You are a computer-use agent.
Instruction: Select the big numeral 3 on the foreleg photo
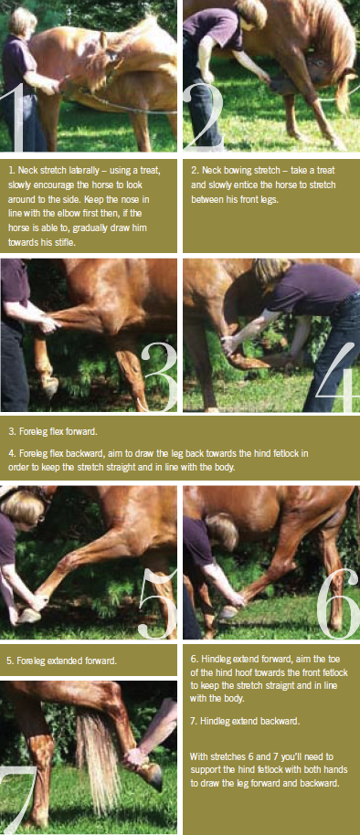click(x=160, y=377)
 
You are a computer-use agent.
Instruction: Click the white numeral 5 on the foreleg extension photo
click(x=157, y=603)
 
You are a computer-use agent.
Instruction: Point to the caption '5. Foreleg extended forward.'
click(x=61, y=661)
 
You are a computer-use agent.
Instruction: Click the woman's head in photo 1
click(x=22, y=22)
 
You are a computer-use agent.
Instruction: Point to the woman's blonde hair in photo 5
click(x=21, y=506)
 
